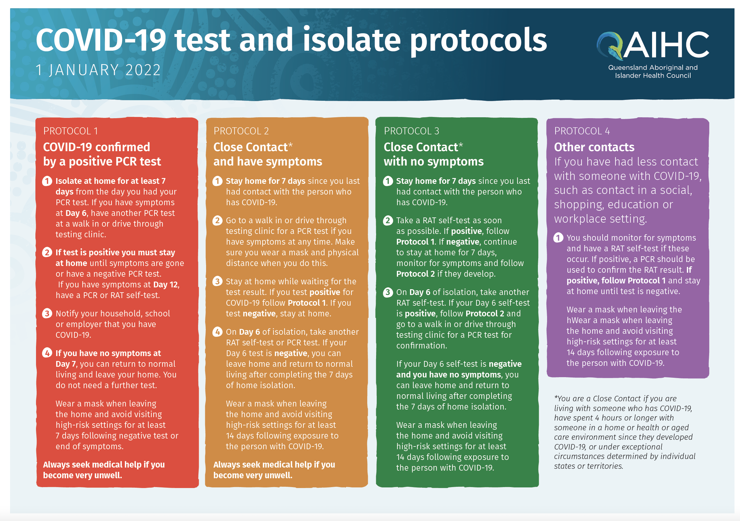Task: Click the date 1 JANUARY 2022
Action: click(x=98, y=70)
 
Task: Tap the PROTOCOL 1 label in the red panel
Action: click(x=71, y=131)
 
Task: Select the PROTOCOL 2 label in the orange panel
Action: click(x=241, y=131)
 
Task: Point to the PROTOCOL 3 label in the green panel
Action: click(x=412, y=131)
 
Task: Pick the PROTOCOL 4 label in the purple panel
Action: click(x=582, y=131)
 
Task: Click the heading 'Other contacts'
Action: click(x=594, y=147)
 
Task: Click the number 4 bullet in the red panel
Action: click(x=47, y=353)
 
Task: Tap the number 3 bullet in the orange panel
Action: click(x=218, y=282)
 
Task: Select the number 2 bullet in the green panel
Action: click(x=388, y=220)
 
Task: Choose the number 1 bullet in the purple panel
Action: click(x=559, y=238)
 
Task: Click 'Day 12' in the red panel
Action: click(x=166, y=285)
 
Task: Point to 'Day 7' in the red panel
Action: click(x=66, y=364)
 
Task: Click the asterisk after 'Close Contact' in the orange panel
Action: click(x=291, y=145)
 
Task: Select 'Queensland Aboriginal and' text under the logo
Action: click(x=653, y=68)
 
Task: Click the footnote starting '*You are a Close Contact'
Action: click(x=625, y=432)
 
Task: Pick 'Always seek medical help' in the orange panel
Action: click(x=263, y=465)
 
